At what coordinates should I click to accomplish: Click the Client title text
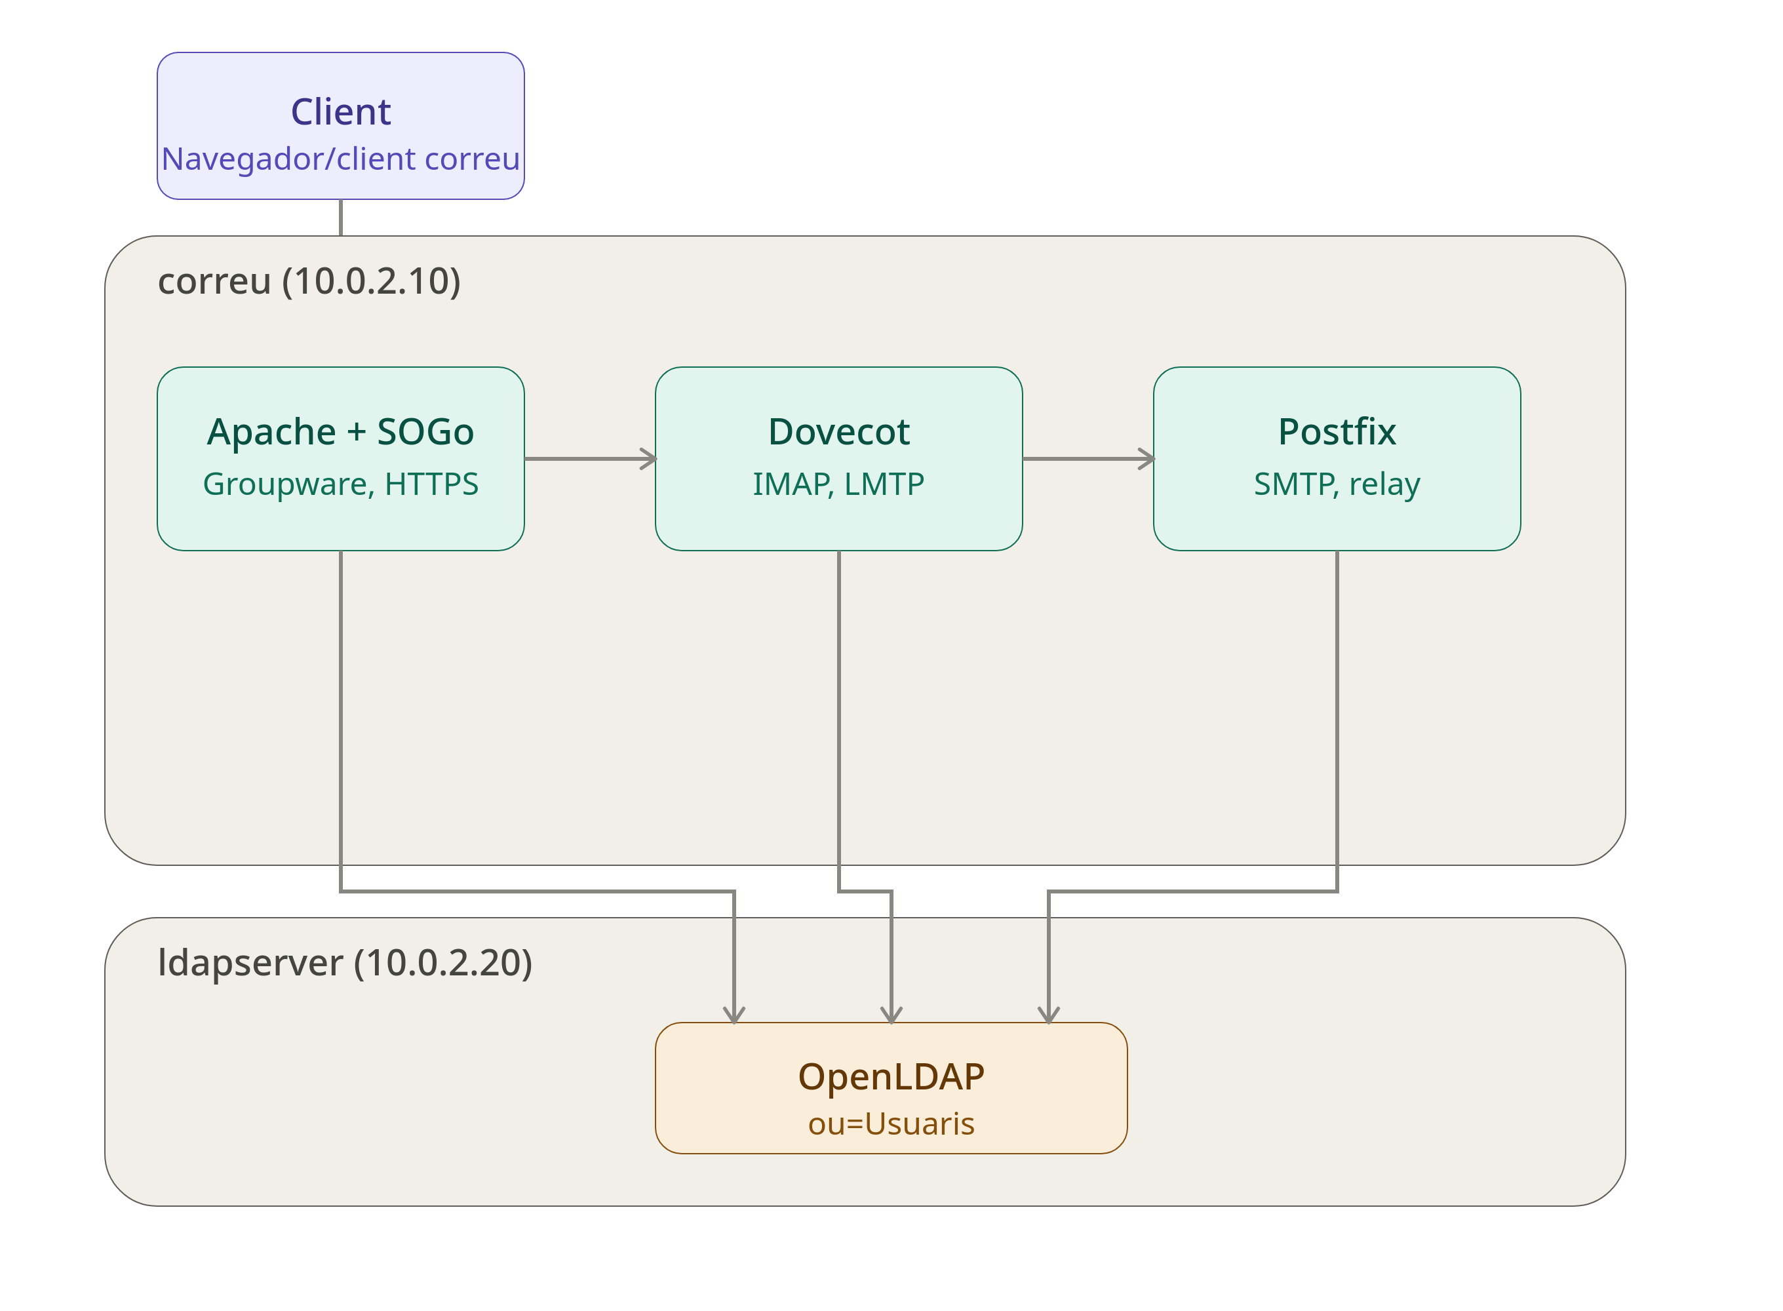(x=340, y=112)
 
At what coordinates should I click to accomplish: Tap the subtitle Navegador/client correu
(x=340, y=159)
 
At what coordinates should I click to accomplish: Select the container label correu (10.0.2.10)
(x=309, y=281)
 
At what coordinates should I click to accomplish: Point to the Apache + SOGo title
(x=340, y=433)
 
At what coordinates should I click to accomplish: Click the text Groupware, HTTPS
(x=340, y=484)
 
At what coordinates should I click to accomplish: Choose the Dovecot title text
(x=839, y=433)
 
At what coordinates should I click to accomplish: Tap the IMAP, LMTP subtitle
(x=839, y=484)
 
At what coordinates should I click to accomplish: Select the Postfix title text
(x=1337, y=433)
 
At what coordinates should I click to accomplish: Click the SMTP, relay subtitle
(x=1337, y=484)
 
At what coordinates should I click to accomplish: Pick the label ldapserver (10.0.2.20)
(x=344, y=963)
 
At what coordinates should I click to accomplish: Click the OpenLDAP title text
(x=891, y=1077)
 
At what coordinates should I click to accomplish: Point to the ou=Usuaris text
(x=891, y=1124)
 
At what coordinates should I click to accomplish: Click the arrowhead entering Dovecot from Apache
(x=650, y=459)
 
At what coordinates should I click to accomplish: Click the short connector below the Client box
(x=340, y=218)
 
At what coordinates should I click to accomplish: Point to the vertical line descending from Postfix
(x=1337, y=720)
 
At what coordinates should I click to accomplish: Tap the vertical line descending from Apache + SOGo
(x=340, y=720)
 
